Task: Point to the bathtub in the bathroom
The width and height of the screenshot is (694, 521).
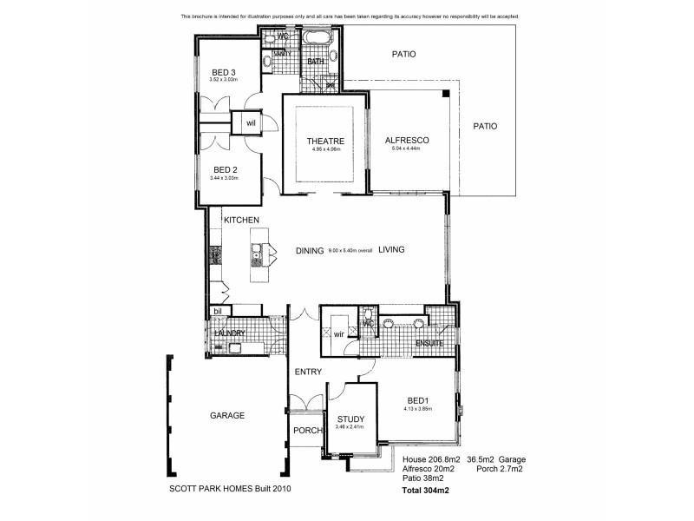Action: [x=318, y=40]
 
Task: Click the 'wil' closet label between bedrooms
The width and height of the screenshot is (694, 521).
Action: [x=251, y=123]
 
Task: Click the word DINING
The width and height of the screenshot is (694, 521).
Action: [x=310, y=251]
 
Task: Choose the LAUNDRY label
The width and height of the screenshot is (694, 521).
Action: [x=231, y=333]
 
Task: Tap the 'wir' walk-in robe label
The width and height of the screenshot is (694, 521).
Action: [x=338, y=332]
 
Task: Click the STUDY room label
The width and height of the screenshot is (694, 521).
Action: [x=350, y=418]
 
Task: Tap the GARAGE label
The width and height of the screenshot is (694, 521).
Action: [x=227, y=415]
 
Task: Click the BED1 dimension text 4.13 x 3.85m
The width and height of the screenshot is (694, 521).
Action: [x=418, y=408]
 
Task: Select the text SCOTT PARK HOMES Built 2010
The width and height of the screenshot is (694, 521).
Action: [x=229, y=489]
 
